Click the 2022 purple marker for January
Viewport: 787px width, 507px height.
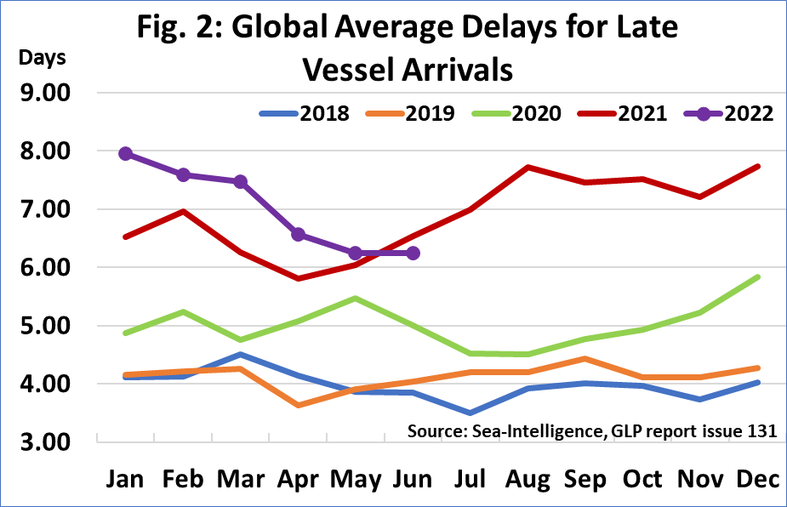point(125,153)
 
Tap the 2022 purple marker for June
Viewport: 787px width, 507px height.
point(413,253)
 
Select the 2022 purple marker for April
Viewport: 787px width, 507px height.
point(299,234)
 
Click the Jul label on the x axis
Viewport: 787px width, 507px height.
point(470,480)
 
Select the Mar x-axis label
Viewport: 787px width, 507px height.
point(240,480)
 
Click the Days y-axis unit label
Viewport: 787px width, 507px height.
point(42,59)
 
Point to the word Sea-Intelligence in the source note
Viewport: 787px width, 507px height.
point(544,430)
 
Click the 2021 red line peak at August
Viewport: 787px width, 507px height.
point(528,167)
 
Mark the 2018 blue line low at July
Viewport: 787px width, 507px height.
point(470,413)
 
